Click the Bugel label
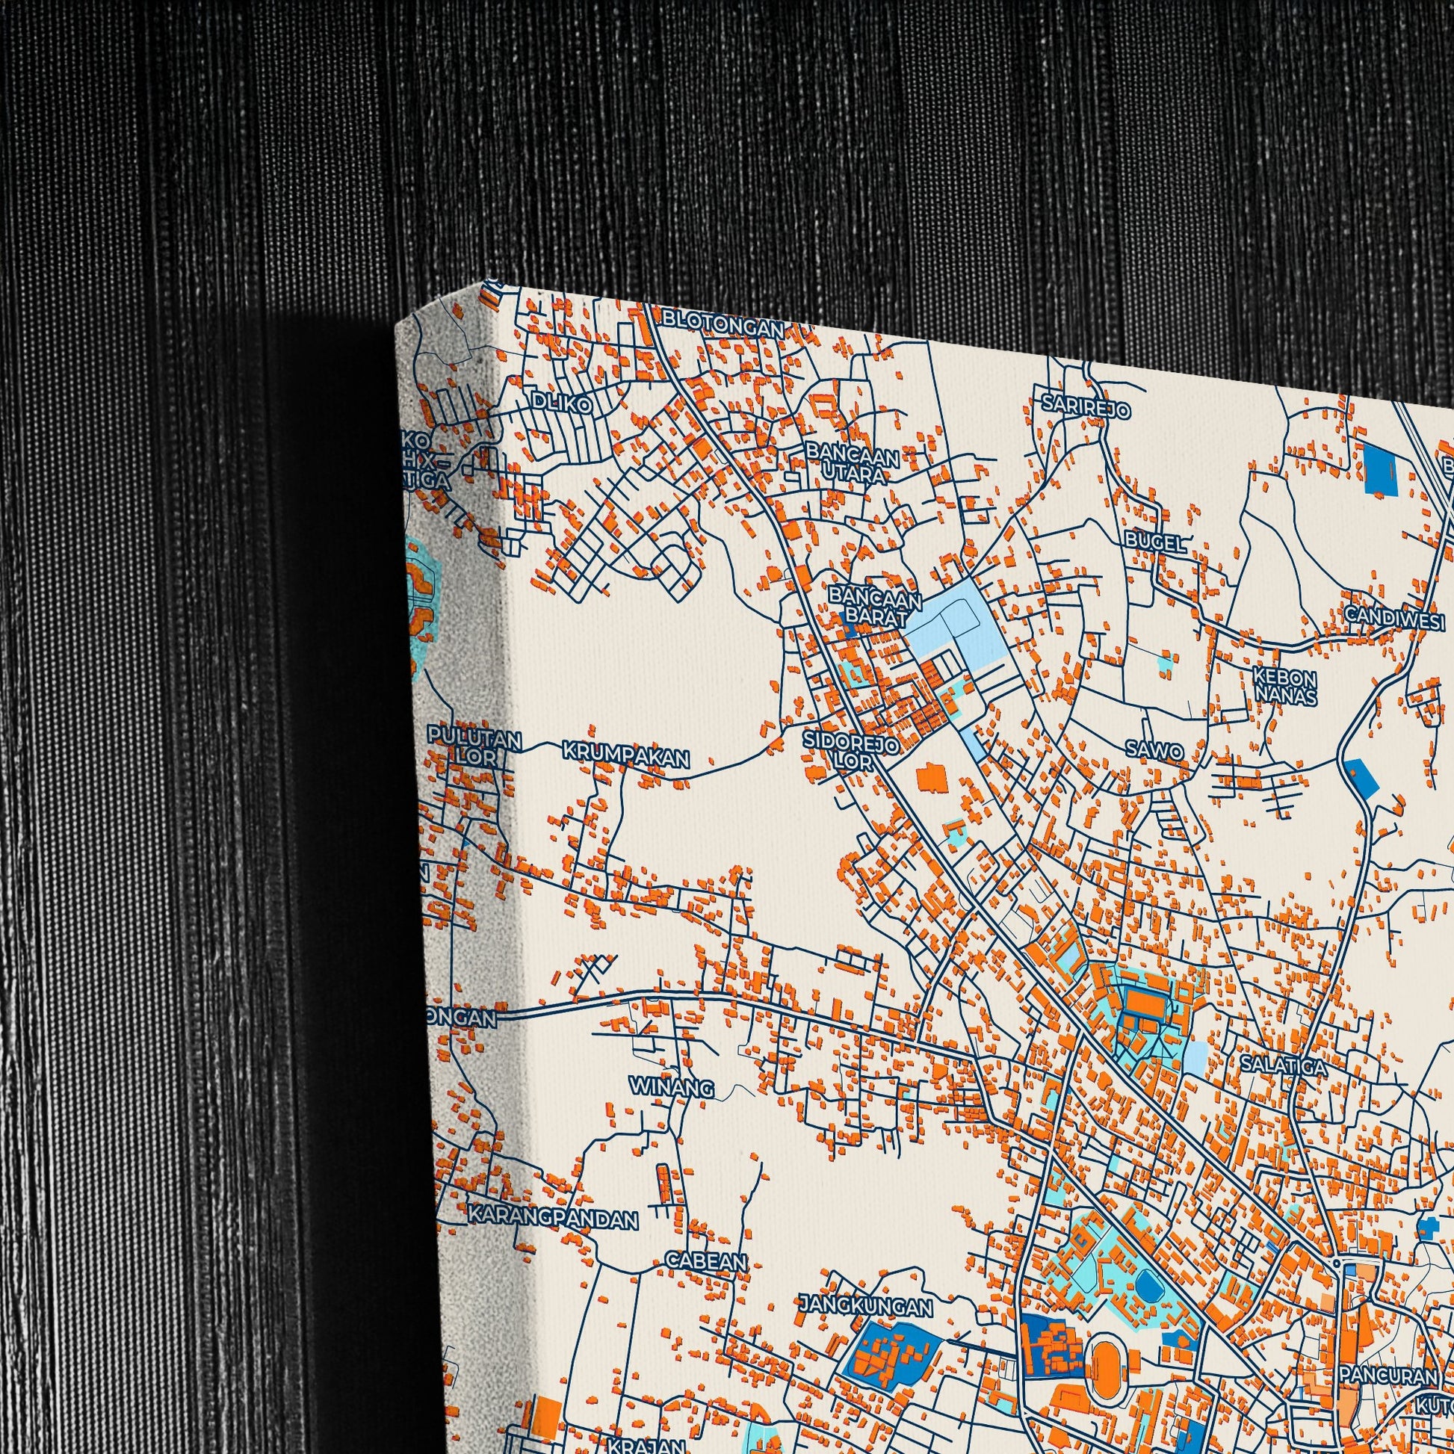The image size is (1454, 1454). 1155,542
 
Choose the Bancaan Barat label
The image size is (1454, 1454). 874,607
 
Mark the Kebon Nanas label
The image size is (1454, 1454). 1284,686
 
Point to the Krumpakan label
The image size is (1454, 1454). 625,755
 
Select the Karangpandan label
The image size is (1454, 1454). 552,1217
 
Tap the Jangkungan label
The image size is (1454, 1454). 865,1305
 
